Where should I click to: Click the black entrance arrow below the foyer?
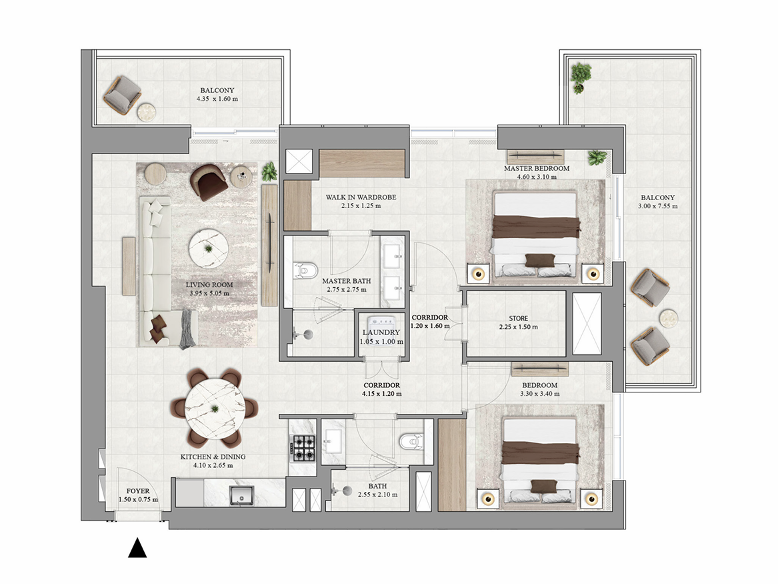(x=137, y=547)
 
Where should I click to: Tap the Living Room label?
(x=209, y=285)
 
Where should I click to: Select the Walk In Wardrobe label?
(x=361, y=197)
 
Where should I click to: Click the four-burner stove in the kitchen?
(x=303, y=448)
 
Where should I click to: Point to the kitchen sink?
(x=241, y=495)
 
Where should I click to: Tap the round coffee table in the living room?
(x=209, y=248)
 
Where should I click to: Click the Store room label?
(x=519, y=318)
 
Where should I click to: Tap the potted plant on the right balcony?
(x=580, y=77)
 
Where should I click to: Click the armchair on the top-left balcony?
(x=122, y=95)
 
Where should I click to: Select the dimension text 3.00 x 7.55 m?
(x=658, y=206)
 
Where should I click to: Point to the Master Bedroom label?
(x=537, y=168)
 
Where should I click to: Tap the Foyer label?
(x=138, y=491)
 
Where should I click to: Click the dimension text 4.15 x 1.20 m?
(x=381, y=394)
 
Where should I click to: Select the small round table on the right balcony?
(x=669, y=318)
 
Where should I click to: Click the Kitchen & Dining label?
(x=213, y=457)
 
